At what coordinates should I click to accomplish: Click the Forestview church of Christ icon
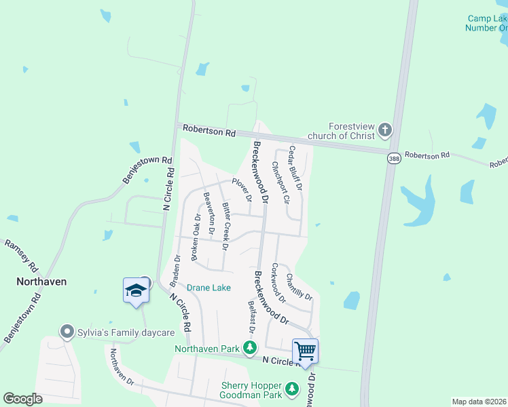[x=385, y=130]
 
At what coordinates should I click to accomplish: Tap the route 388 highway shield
[x=394, y=158]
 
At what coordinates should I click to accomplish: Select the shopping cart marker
[x=306, y=351]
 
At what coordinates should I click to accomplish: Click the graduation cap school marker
[x=136, y=291]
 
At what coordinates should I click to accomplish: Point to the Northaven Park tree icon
[x=251, y=348]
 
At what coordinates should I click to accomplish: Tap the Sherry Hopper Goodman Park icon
[x=292, y=388]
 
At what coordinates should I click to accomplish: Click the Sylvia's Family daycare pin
[x=67, y=332]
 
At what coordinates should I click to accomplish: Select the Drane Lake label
[x=208, y=288]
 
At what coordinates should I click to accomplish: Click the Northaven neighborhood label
[x=41, y=281]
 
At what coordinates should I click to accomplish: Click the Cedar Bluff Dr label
[x=296, y=168]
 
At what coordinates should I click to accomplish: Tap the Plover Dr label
[x=242, y=190]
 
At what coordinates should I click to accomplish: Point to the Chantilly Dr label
[x=299, y=287]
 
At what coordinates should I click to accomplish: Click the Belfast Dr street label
[x=251, y=317]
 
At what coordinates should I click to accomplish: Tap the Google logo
[x=23, y=399]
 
